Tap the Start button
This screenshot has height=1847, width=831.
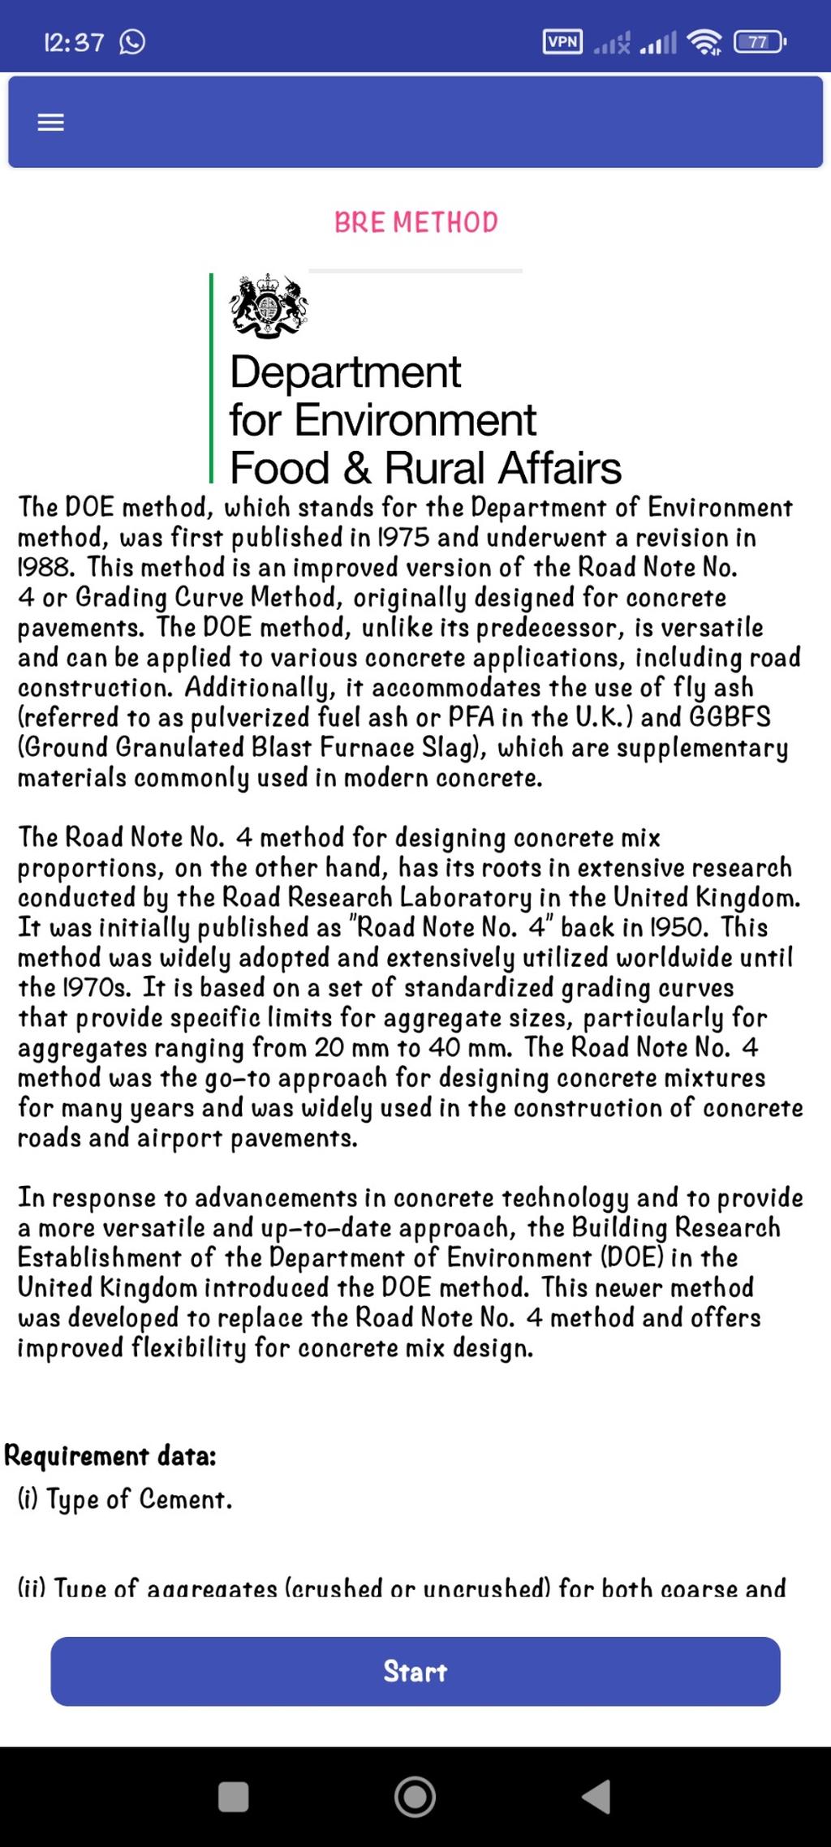[415, 1670]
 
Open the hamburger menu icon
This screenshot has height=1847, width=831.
[50, 122]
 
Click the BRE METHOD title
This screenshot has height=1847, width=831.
[415, 222]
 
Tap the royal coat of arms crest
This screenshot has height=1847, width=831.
[269, 306]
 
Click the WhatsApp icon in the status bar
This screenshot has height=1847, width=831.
[132, 41]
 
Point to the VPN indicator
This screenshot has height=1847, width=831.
[562, 42]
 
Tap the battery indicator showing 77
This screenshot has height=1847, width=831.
[758, 42]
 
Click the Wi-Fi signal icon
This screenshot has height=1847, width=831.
[704, 42]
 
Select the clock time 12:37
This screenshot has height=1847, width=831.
[74, 42]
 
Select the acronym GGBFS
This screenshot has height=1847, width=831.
[730, 717]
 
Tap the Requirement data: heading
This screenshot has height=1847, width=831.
[110, 1456]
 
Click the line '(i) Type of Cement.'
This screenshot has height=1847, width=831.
[125, 1499]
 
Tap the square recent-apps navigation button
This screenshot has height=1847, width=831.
[234, 1796]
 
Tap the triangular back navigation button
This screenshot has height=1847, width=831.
[596, 1796]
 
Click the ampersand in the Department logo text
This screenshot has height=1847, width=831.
[356, 468]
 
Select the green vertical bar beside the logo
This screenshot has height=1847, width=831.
[212, 378]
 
